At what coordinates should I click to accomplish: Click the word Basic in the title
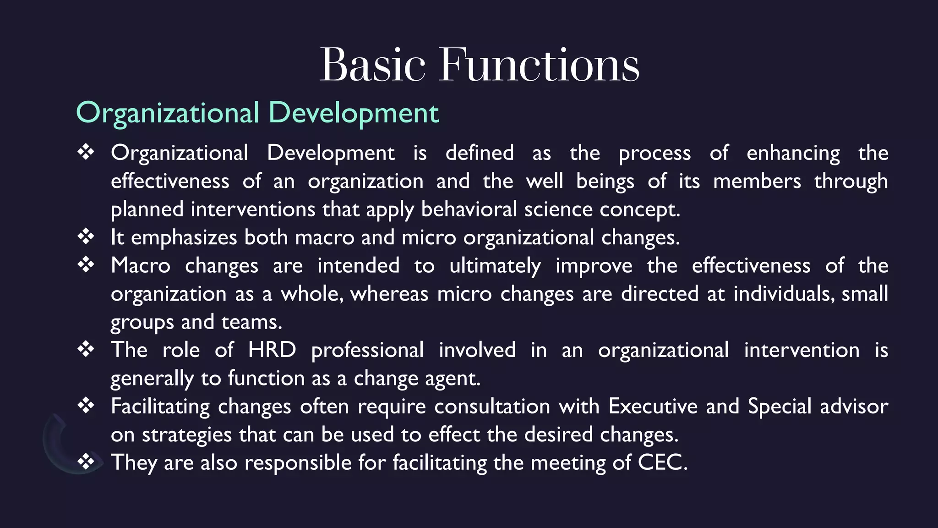(x=372, y=65)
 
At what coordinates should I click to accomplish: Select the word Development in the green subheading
(x=353, y=113)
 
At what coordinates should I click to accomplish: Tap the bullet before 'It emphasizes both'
(x=86, y=236)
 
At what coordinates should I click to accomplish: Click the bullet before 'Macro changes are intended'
(x=86, y=265)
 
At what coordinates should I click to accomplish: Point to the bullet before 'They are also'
(x=86, y=462)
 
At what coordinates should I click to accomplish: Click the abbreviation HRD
(x=272, y=350)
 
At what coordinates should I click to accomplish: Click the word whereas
(x=389, y=294)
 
